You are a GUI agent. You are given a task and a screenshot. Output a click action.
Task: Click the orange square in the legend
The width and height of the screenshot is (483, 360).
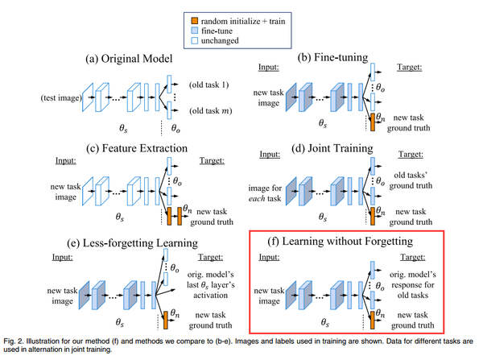195,21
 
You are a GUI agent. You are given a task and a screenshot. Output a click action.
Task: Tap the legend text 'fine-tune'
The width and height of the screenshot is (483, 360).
217,31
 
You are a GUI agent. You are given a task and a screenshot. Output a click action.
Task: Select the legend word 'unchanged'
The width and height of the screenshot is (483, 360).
220,41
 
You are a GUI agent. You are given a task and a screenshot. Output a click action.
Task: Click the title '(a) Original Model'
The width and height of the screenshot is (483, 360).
129,59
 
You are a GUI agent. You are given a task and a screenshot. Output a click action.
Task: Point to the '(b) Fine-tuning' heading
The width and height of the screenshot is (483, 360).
332,57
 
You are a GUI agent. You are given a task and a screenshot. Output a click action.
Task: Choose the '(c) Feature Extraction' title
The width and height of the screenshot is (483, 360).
137,148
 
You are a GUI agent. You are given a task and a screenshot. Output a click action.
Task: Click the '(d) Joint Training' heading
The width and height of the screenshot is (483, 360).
332,148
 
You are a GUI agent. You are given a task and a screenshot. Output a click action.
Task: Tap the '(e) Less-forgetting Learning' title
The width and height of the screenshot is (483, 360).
133,243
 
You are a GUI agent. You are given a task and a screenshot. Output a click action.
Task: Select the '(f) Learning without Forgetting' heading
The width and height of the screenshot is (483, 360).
340,241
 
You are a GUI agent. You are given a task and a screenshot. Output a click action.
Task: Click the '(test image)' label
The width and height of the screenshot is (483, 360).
61,98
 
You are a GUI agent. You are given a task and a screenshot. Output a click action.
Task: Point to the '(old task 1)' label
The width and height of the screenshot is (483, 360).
209,85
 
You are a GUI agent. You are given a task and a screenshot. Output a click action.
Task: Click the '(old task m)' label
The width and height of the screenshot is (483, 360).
211,110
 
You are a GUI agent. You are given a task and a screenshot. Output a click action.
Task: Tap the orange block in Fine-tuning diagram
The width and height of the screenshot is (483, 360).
373,122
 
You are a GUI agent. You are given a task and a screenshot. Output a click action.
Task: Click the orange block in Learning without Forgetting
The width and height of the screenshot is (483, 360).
373,320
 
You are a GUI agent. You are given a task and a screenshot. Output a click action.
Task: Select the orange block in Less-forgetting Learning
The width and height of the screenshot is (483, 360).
165,320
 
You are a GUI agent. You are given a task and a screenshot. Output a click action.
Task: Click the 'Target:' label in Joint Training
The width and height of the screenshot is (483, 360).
411,154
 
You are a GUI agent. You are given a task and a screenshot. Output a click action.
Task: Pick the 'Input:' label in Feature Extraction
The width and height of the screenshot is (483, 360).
66,160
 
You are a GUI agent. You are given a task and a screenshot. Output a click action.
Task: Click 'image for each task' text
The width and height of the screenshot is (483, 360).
265,193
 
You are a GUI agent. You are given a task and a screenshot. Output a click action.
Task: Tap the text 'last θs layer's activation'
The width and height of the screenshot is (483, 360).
211,290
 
